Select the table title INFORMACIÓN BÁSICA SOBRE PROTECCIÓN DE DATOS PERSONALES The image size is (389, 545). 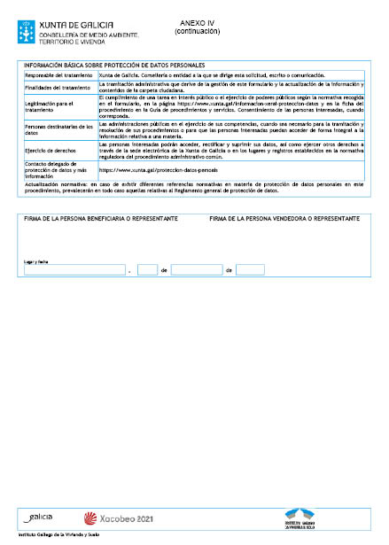(x=115, y=65)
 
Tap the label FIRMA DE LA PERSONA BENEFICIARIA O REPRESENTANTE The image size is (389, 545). (x=101, y=218)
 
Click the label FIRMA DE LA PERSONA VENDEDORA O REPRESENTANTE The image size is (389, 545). (x=284, y=218)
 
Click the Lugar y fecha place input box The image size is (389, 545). (x=74, y=270)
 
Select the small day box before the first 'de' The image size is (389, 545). (x=147, y=270)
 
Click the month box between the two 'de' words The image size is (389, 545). (x=197, y=270)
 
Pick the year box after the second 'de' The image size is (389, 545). (x=250, y=270)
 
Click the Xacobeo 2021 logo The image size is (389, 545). (x=117, y=517)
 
